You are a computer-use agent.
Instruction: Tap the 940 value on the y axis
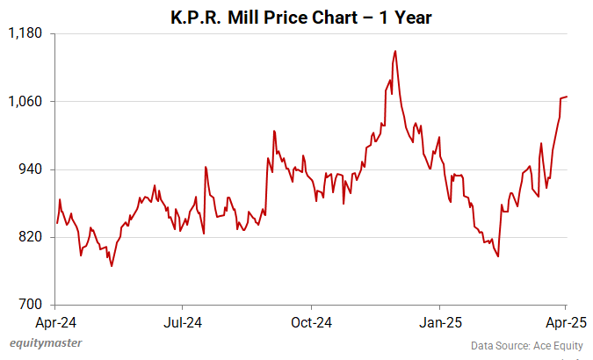31,169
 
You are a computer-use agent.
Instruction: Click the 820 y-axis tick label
31,237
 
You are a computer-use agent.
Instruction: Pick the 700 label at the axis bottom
31,305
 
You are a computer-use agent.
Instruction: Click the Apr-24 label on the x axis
58,321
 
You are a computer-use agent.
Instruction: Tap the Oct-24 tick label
312,321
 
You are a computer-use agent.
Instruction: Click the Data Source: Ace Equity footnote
527,345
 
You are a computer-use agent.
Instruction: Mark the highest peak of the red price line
395,51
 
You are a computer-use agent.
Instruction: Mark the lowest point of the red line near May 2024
112,266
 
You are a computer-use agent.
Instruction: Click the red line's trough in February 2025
498,256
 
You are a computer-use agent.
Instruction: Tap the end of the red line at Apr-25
567,97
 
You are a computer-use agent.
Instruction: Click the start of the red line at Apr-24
57,223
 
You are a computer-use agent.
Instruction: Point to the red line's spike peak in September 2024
274,131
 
